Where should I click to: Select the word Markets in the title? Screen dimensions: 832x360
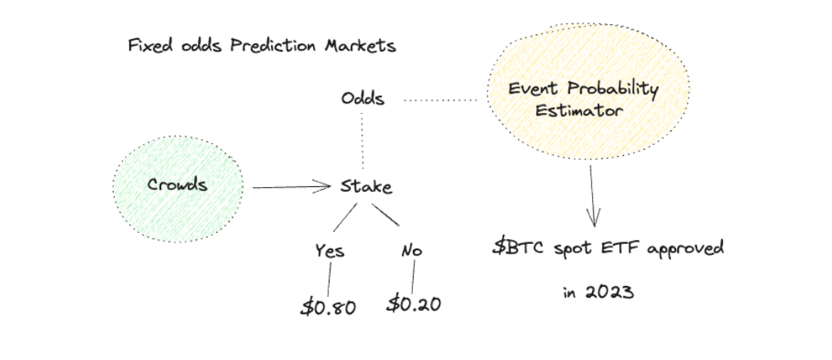tap(360, 46)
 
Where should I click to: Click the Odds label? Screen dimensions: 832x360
tap(363, 99)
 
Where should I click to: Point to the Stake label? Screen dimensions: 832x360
tap(366, 186)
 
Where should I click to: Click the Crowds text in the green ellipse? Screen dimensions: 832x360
tap(177, 185)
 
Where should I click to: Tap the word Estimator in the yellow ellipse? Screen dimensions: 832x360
tap(578, 111)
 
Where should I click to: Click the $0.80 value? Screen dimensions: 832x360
tap(328, 307)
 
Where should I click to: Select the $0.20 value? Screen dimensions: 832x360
tap(414, 304)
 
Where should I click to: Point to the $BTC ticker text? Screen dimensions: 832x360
tap(518, 248)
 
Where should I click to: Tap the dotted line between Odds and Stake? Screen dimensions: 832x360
tap(362, 141)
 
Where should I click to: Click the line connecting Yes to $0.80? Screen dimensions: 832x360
tap(329, 279)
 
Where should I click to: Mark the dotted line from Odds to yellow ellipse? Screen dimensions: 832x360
tap(440, 100)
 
